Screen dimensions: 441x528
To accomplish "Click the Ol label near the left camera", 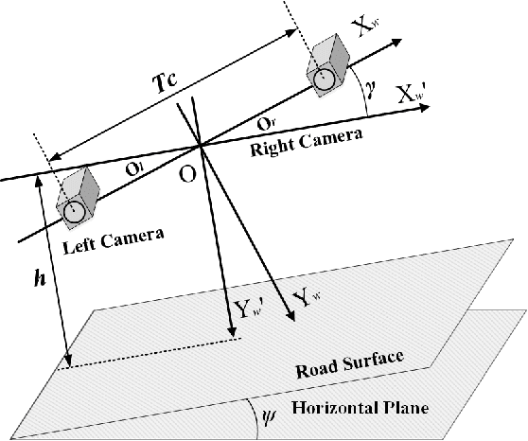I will [136, 168].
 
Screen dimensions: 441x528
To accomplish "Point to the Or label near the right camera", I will [267, 124].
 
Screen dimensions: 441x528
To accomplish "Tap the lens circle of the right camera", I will [323, 79].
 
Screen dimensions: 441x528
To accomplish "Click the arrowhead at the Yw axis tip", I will [293, 317].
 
